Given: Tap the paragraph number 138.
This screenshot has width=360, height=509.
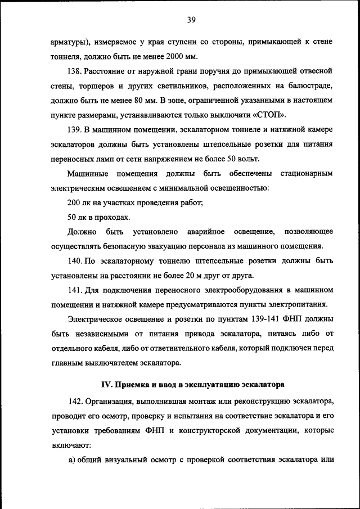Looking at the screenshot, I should pyautogui.click(x=75, y=71).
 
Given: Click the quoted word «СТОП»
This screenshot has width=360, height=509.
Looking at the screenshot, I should pyautogui.click(x=271, y=115).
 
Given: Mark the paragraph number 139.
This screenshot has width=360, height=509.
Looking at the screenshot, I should pyautogui.click(x=75, y=130).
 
